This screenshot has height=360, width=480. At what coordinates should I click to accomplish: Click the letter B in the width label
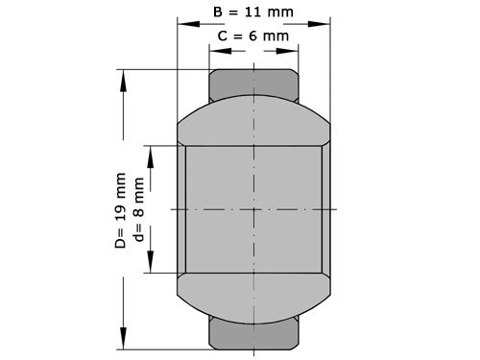216,13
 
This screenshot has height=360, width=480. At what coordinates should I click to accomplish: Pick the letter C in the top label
223,36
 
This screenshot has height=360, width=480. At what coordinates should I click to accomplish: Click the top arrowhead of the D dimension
123,76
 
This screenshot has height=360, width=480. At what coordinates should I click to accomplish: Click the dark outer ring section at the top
253,84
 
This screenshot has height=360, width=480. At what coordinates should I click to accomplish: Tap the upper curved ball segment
253,121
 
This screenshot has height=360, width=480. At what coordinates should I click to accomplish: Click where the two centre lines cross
253,208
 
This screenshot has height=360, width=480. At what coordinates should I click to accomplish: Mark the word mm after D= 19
120,187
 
